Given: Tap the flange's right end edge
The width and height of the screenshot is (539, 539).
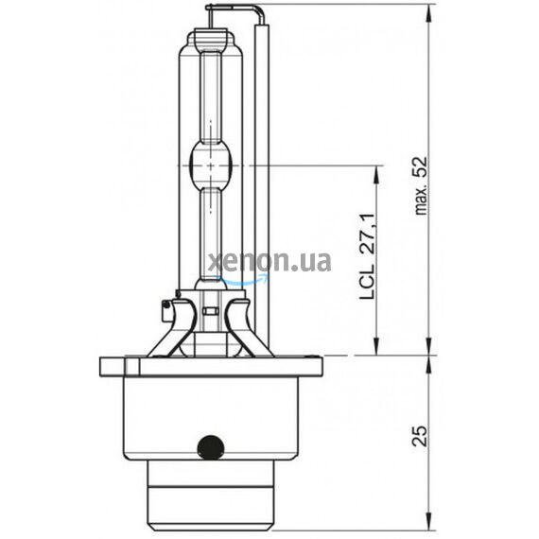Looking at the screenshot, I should pos(320,365).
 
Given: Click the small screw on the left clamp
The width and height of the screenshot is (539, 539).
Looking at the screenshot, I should pos(166,304).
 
